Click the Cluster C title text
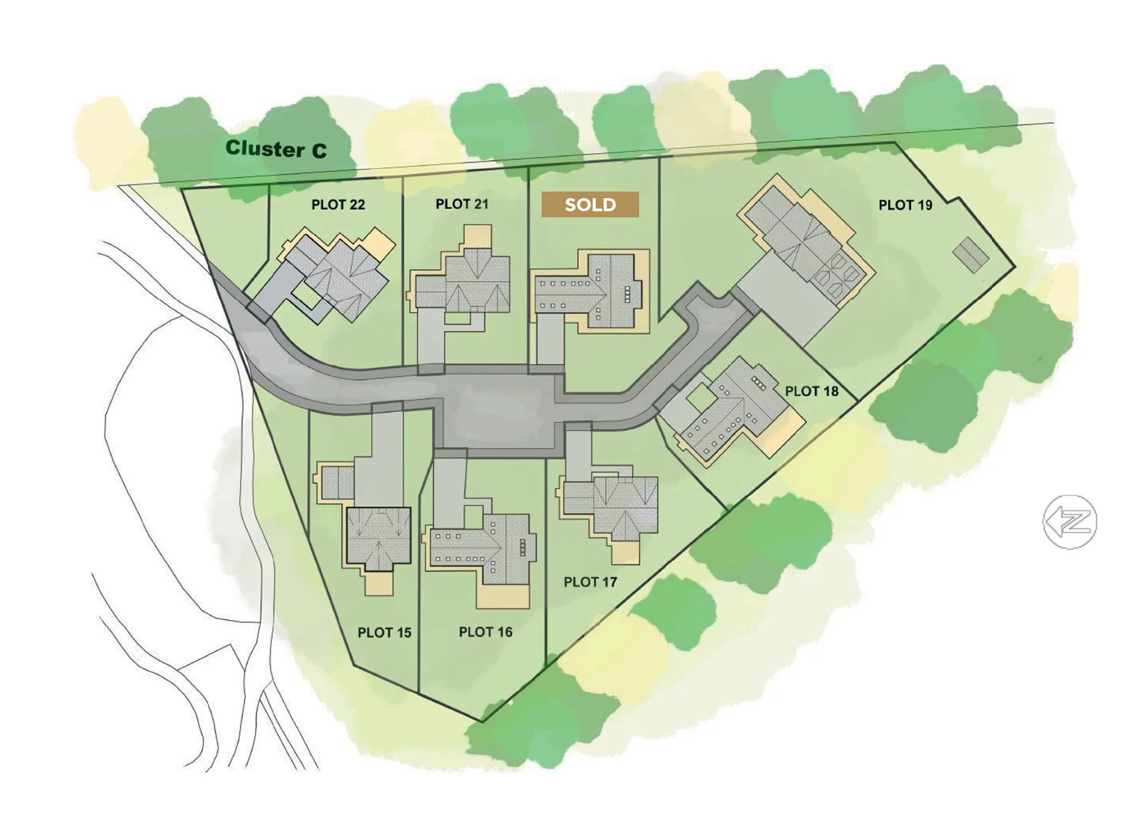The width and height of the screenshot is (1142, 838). coord(276,149)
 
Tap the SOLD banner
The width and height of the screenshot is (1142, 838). coord(590,204)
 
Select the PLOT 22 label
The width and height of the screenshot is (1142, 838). coord(338,204)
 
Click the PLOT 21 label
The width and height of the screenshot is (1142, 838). coord(462,204)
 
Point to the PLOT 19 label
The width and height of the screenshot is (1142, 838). coord(905,205)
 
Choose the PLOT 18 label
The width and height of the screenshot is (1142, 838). coord(811,391)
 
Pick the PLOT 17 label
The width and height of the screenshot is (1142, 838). coord(590,581)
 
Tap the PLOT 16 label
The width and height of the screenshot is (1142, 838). coord(485,632)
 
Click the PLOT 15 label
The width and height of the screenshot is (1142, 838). coord(384,632)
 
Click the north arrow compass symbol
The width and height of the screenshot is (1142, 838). coord(1070,521)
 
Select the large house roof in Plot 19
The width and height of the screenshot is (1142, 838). coord(803,241)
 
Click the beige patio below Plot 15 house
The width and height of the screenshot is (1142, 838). coord(379,582)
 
